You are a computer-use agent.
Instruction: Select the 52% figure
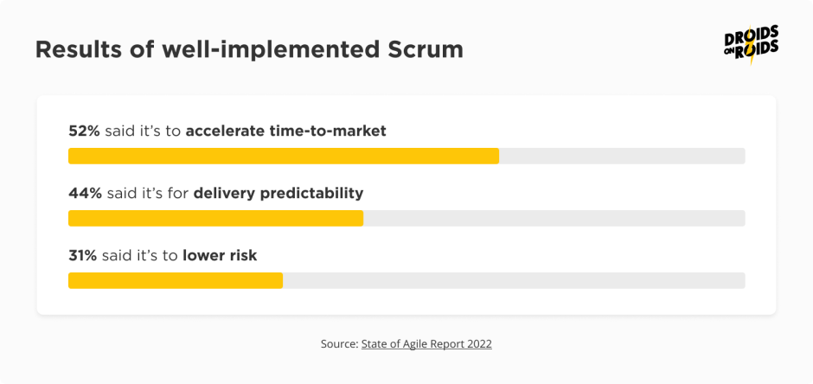[x=85, y=131]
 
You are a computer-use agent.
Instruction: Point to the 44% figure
[x=85, y=193]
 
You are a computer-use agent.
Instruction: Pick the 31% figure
[x=83, y=255]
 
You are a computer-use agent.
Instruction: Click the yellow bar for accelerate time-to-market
[x=284, y=156]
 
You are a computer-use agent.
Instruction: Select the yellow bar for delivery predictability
[x=215, y=218]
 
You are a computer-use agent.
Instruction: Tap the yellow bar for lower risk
[x=176, y=280]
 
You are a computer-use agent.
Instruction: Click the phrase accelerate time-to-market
[x=285, y=131]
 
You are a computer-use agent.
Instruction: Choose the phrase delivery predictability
[x=278, y=193]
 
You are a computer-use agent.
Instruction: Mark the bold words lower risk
[x=220, y=255]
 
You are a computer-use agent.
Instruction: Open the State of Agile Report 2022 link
[x=426, y=343]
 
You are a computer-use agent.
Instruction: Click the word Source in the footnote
[x=338, y=343]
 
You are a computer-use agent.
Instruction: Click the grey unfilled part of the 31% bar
[x=514, y=280]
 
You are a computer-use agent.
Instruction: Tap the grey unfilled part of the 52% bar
[x=622, y=156]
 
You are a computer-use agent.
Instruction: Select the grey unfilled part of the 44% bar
[x=554, y=218]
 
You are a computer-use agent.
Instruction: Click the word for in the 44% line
[x=178, y=193]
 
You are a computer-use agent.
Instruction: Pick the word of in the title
[x=137, y=50]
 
